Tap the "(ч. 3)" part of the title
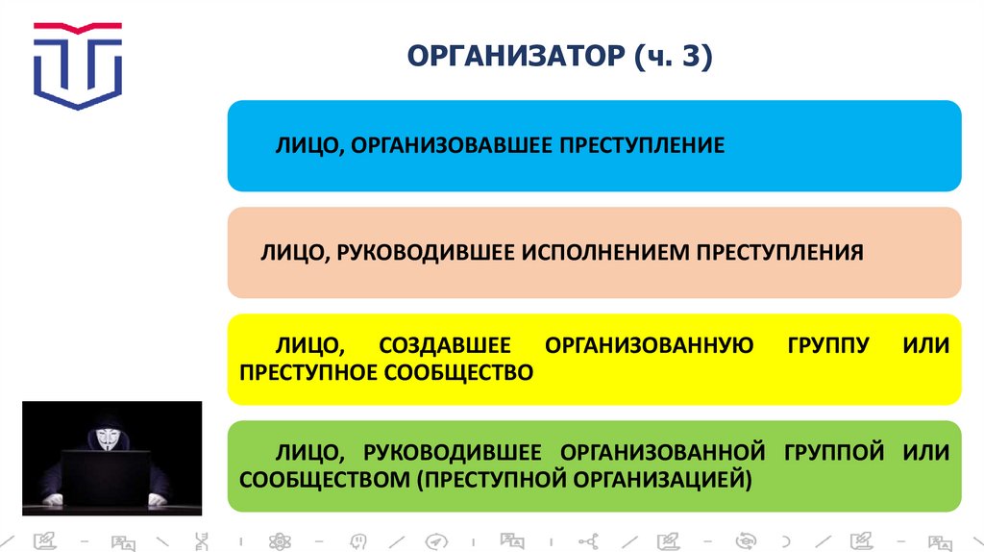coord(672,58)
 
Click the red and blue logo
coord(78,65)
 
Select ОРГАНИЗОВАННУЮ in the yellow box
coord(649,345)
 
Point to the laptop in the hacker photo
coord(107,477)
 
